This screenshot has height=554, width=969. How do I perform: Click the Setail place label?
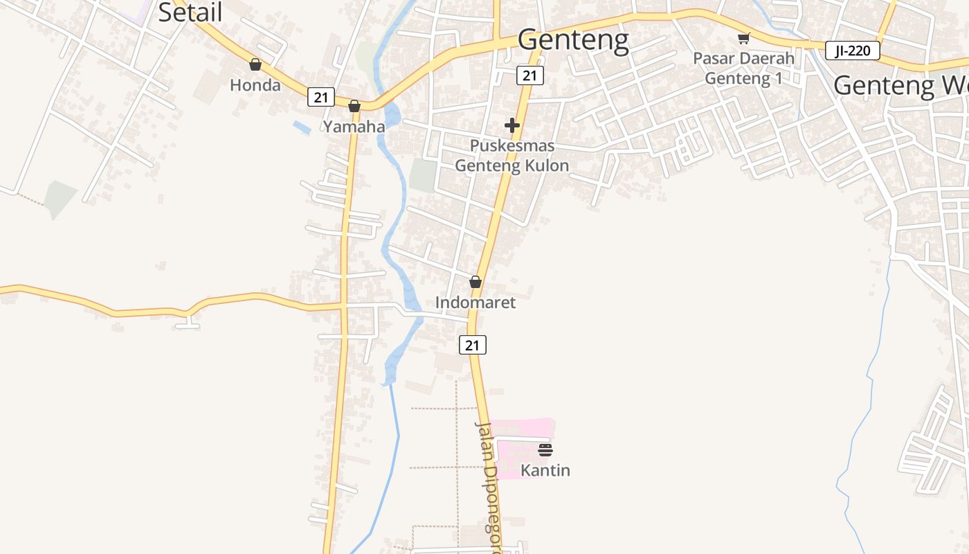(x=190, y=12)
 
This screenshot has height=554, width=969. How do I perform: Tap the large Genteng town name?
(x=573, y=40)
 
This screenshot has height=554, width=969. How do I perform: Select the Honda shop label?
(x=255, y=85)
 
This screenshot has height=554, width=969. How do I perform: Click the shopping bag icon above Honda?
(x=255, y=64)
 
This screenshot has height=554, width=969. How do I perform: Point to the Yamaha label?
(x=354, y=126)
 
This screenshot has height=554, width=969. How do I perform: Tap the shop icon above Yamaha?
(x=354, y=106)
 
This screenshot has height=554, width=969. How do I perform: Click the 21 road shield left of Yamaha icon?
(x=321, y=97)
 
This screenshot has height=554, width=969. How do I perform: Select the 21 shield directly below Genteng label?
(x=529, y=75)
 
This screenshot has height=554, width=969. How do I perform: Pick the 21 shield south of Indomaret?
(x=473, y=344)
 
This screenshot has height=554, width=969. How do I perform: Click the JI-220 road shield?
(x=852, y=51)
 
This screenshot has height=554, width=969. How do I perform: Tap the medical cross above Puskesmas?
(x=512, y=125)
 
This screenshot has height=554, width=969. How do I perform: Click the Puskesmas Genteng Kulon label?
(x=511, y=156)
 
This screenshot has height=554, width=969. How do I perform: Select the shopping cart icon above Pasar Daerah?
(x=743, y=38)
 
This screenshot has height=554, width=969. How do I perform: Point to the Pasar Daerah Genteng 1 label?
(x=743, y=69)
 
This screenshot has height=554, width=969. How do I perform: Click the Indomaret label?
(x=476, y=303)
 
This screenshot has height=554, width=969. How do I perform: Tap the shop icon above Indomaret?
(x=476, y=282)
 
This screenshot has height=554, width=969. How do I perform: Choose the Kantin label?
(x=545, y=470)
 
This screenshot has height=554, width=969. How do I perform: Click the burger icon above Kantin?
(x=545, y=450)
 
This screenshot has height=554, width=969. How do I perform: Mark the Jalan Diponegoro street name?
(x=489, y=485)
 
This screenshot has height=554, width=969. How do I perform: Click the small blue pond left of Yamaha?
(x=302, y=127)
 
